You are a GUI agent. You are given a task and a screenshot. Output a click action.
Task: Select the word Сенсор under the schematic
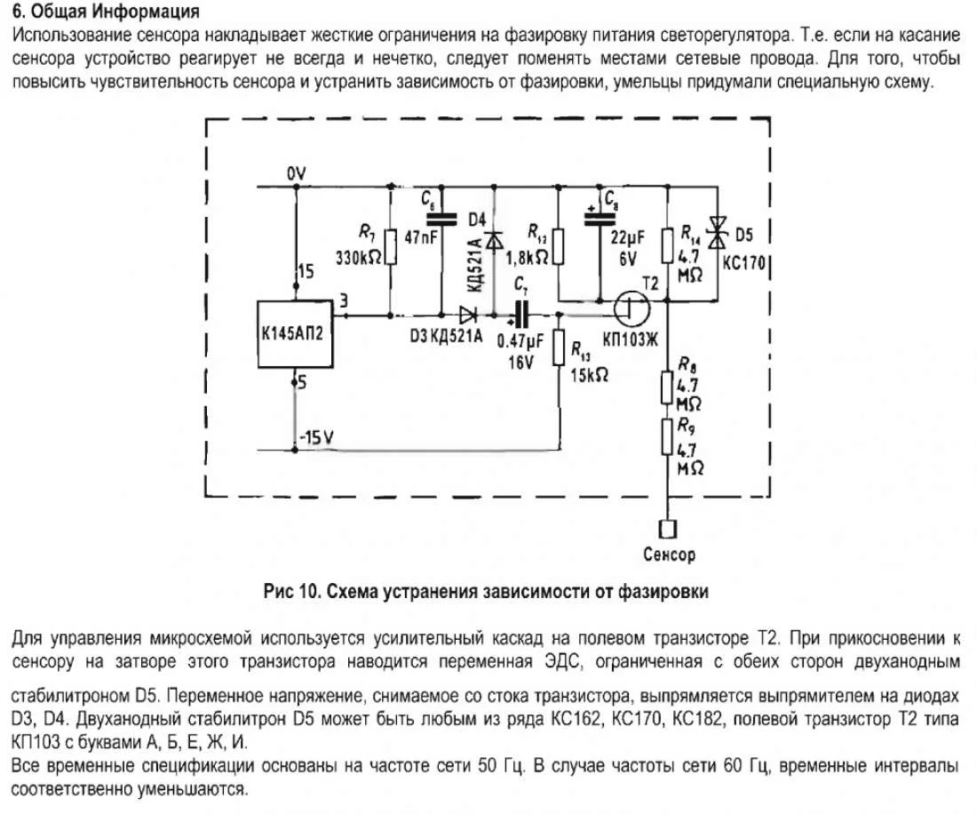click(669, 555)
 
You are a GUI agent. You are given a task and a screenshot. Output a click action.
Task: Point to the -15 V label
click(318, 436)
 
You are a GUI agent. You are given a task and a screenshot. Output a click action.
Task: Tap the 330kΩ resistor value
click(360, 257)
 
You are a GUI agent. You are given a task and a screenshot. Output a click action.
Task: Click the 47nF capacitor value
click(422, 238)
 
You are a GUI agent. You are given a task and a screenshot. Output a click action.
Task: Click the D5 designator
click(745, 236)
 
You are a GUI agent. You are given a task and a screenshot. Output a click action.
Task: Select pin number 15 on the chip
click(306, 272)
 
